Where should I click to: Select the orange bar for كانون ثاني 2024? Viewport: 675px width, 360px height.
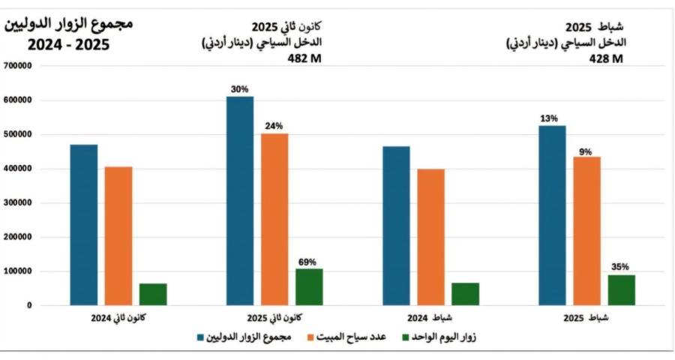coord(118,235)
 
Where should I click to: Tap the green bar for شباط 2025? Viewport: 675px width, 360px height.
coord(621,290)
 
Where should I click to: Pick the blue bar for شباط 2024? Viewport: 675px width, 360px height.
coord(396,226)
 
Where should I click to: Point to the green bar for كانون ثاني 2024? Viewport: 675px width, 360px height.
coord(153,294)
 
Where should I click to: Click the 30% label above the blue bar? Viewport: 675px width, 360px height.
coord(240,89)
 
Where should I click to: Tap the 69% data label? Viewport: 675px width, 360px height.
coord(307,262)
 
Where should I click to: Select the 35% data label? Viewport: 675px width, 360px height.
coord(621,267)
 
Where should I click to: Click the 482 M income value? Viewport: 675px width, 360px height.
coord(305,60)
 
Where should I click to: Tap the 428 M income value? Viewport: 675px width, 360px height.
coord(607,60)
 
